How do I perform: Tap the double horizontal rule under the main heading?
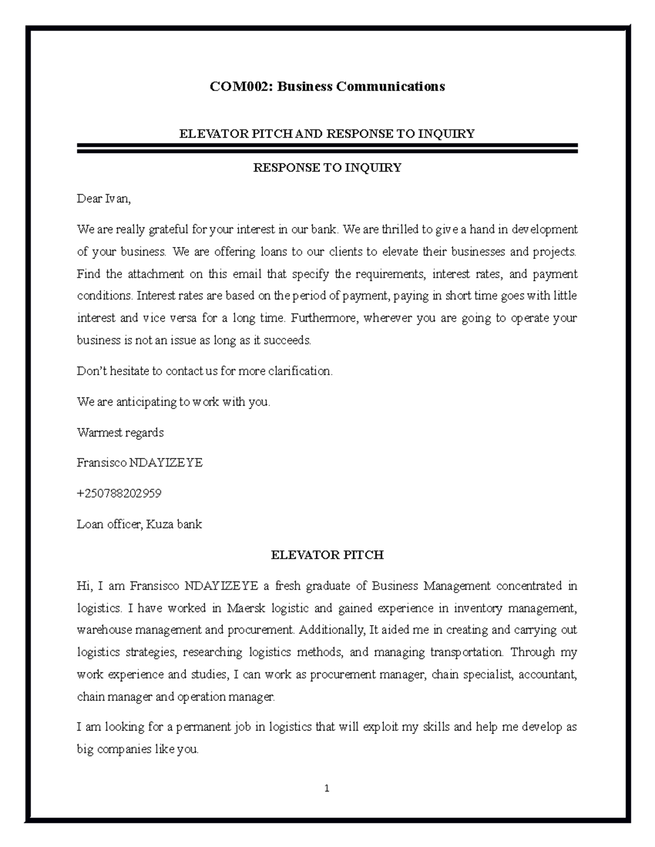[x=327, y=148]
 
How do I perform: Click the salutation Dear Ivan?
[x=104, y=199]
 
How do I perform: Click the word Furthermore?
[x=325, y=318]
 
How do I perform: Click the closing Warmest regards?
[x=120, y=432]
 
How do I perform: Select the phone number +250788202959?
[x=119, y=494]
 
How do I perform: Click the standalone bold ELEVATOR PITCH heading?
[x=327, y=555]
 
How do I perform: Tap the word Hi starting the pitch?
[x=85, y=586]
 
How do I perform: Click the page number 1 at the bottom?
[x=326, y=788]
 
